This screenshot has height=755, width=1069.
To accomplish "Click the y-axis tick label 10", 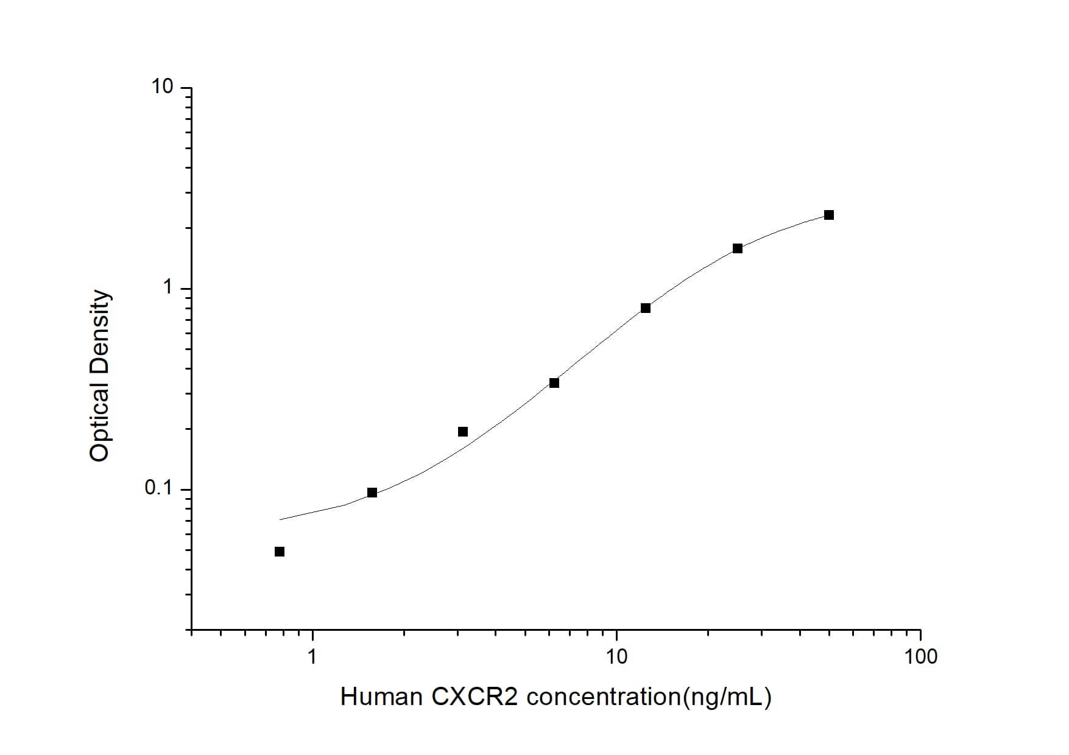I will (163, 87).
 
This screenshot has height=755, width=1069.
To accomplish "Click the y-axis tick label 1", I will (168, 287).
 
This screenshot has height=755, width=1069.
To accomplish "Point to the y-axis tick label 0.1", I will (160, 488).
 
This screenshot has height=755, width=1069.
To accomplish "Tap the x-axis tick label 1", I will (312, 656).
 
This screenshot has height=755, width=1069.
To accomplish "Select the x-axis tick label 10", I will (616, 656).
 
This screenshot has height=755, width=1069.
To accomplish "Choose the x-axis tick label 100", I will (920, 656).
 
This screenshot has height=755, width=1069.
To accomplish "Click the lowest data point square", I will (280, 552).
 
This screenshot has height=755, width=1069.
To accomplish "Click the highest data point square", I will (828, 215).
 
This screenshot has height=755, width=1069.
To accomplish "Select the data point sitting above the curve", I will (463, 432).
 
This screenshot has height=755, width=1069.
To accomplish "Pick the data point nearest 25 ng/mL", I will (738, 248).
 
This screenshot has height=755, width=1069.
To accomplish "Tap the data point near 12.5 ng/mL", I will (646, 308).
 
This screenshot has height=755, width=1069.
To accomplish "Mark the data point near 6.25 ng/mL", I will (554, 383).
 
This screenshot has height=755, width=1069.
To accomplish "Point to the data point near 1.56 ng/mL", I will (372, 493).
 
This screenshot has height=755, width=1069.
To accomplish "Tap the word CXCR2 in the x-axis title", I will (475, 697).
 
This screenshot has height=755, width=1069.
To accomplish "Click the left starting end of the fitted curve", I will (280, 519).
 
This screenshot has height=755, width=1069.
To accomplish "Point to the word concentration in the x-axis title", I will (603, 697).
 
